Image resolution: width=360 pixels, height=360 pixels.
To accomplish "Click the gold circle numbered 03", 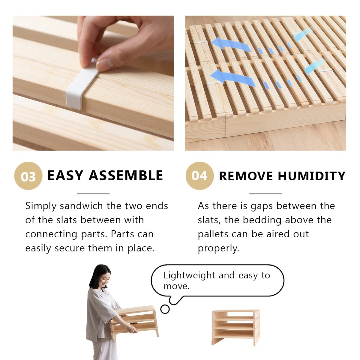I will click(28, 176).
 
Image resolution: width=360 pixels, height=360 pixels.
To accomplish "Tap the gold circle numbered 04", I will click(199, 175).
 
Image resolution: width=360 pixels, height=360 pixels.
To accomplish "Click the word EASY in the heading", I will click(65, 175).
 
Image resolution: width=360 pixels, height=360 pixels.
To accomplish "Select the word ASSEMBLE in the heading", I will click(126, 175).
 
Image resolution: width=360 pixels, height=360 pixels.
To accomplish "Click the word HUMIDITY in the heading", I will click(312, 176).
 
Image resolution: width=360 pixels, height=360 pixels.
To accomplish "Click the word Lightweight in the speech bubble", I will click(189, 275).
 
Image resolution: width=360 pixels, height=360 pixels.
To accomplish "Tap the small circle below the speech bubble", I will click(165, 309).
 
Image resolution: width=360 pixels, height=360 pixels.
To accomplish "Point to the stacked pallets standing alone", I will click(235, 327).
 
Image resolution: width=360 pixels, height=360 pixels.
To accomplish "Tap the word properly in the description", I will click(218, 248).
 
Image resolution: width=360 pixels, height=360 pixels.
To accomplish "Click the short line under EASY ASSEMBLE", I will click(93, 194).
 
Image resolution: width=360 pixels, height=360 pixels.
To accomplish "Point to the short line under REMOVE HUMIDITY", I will click(265, 194).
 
